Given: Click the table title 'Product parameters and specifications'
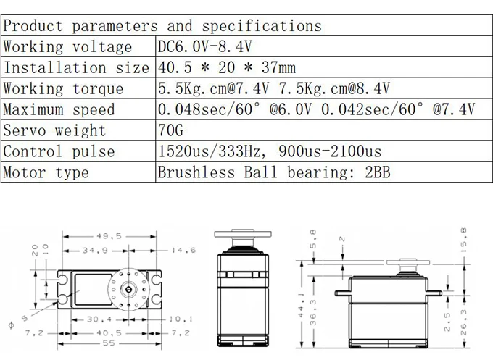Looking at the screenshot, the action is (x=162, y=26).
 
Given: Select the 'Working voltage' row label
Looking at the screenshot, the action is (x=67, y=47).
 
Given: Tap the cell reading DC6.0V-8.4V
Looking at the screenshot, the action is (x=204, y=47).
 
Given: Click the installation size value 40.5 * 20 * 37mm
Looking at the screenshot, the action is (x=227, y=67).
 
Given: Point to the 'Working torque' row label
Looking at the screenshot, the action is (x=63, y=88).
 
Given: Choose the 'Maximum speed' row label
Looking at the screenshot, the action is (x=59, y=109).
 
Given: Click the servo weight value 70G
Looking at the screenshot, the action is (x=170, y=130).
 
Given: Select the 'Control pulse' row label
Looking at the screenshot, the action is (x=59, y=151).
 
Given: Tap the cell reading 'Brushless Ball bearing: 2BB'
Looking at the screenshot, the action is (x=274, y=172).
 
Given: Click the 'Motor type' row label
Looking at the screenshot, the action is (x=46, y=172).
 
